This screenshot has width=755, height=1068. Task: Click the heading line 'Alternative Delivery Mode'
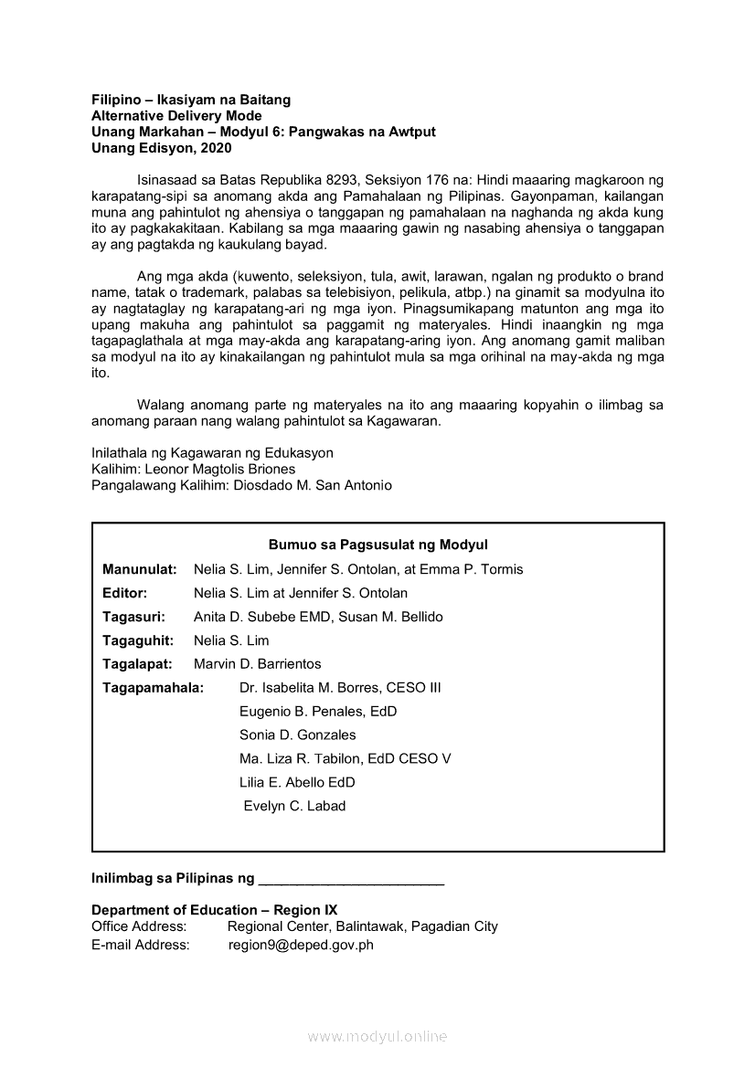click(x=176, y=116)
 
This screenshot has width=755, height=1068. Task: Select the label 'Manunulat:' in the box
click(x=139, y=569)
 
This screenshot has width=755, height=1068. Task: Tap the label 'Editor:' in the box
click(x=125, y=593)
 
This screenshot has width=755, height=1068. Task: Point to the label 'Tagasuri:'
click(x=133, y=617)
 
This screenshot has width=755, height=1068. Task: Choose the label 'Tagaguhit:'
click(x=138, y=640)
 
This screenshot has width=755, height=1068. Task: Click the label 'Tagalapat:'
click(x=137, y=664)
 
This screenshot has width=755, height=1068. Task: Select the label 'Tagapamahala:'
click(x=153, y=688)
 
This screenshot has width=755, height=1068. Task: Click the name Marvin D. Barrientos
click(x=258, y=664)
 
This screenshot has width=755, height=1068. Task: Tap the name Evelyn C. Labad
click(x=294, y=806)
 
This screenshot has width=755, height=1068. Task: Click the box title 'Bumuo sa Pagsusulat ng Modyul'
click(x=378, y=545)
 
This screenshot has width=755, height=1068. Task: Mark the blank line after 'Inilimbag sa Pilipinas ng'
click(x=352, y=881)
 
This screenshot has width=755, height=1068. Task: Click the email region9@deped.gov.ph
click(x=301, y=946)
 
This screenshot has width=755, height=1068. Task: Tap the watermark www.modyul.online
click(x=377, y=1037)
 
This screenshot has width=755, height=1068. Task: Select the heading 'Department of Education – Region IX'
click(x=214, y=910)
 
